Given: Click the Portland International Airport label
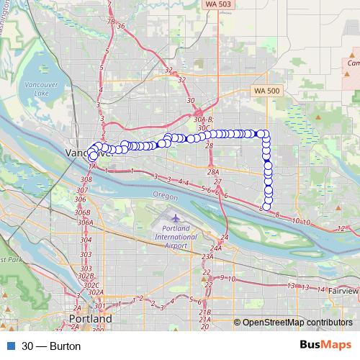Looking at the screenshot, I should click(x=175, y=236).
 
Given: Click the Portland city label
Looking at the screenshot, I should click(x=91, y=318).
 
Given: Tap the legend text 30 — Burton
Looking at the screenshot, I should click(x=51, y=346).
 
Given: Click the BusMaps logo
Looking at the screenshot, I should click(x=320, y=345).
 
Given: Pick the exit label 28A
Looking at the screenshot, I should click(x=212, y=172).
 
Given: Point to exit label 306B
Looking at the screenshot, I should click(x=84, y=212).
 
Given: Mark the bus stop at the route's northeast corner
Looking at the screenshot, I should click(x=265, y=134).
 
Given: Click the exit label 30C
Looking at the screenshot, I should click(x=204, y=127).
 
